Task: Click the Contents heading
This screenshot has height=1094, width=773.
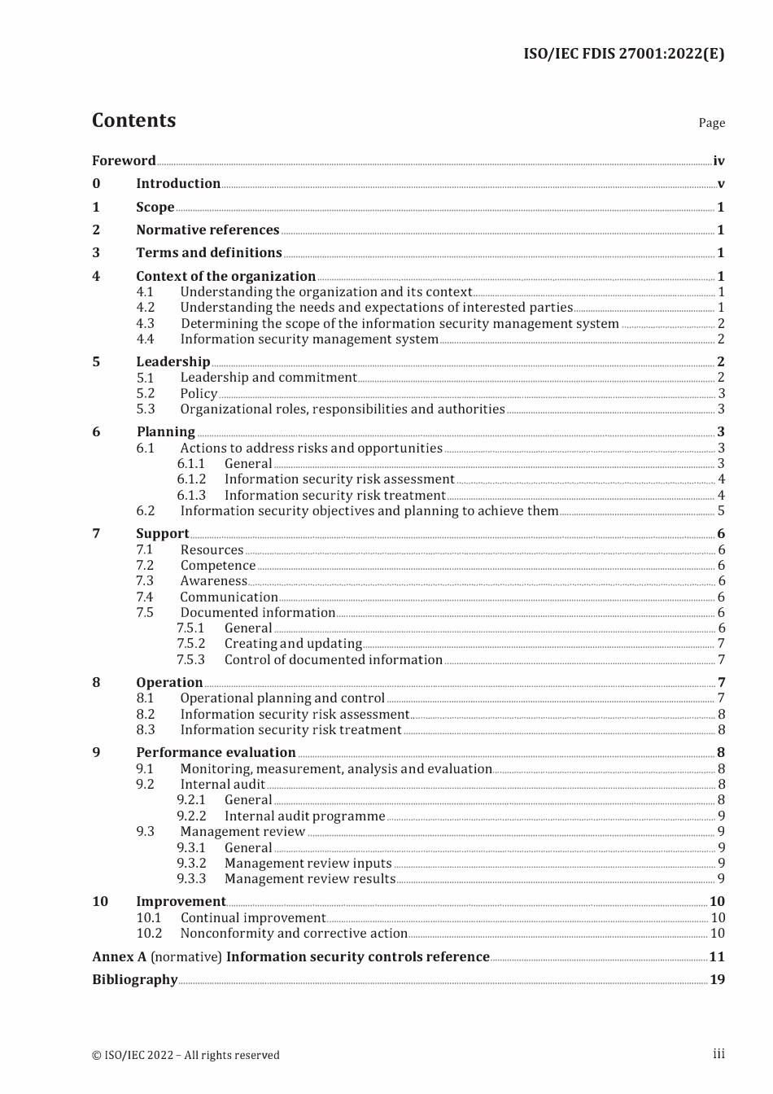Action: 133,120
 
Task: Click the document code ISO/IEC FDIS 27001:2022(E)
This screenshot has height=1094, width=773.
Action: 623,54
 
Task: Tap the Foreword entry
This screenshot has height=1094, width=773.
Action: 124,160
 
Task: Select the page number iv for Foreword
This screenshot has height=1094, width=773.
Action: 718,161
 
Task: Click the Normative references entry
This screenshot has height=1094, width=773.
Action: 207,230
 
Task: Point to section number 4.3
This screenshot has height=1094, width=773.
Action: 145,323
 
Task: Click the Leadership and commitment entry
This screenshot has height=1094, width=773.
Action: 269,378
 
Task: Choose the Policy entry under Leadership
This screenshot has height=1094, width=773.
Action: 199,394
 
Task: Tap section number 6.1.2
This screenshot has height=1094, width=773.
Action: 191,479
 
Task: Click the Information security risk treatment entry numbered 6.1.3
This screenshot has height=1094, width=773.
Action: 334,496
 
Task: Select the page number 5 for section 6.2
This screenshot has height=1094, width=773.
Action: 720,511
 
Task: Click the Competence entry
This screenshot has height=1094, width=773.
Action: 217,566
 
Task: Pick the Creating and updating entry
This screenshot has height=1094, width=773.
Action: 293,644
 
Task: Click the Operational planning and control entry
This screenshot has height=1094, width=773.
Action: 282,698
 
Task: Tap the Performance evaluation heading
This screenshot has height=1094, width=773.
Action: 216,753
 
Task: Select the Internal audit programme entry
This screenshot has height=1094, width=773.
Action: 304,816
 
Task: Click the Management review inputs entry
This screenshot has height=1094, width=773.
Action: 308,864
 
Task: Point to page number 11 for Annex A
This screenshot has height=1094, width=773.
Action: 716,957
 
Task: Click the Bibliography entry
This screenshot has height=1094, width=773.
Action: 134,980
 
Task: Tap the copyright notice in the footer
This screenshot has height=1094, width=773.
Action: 186,1056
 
